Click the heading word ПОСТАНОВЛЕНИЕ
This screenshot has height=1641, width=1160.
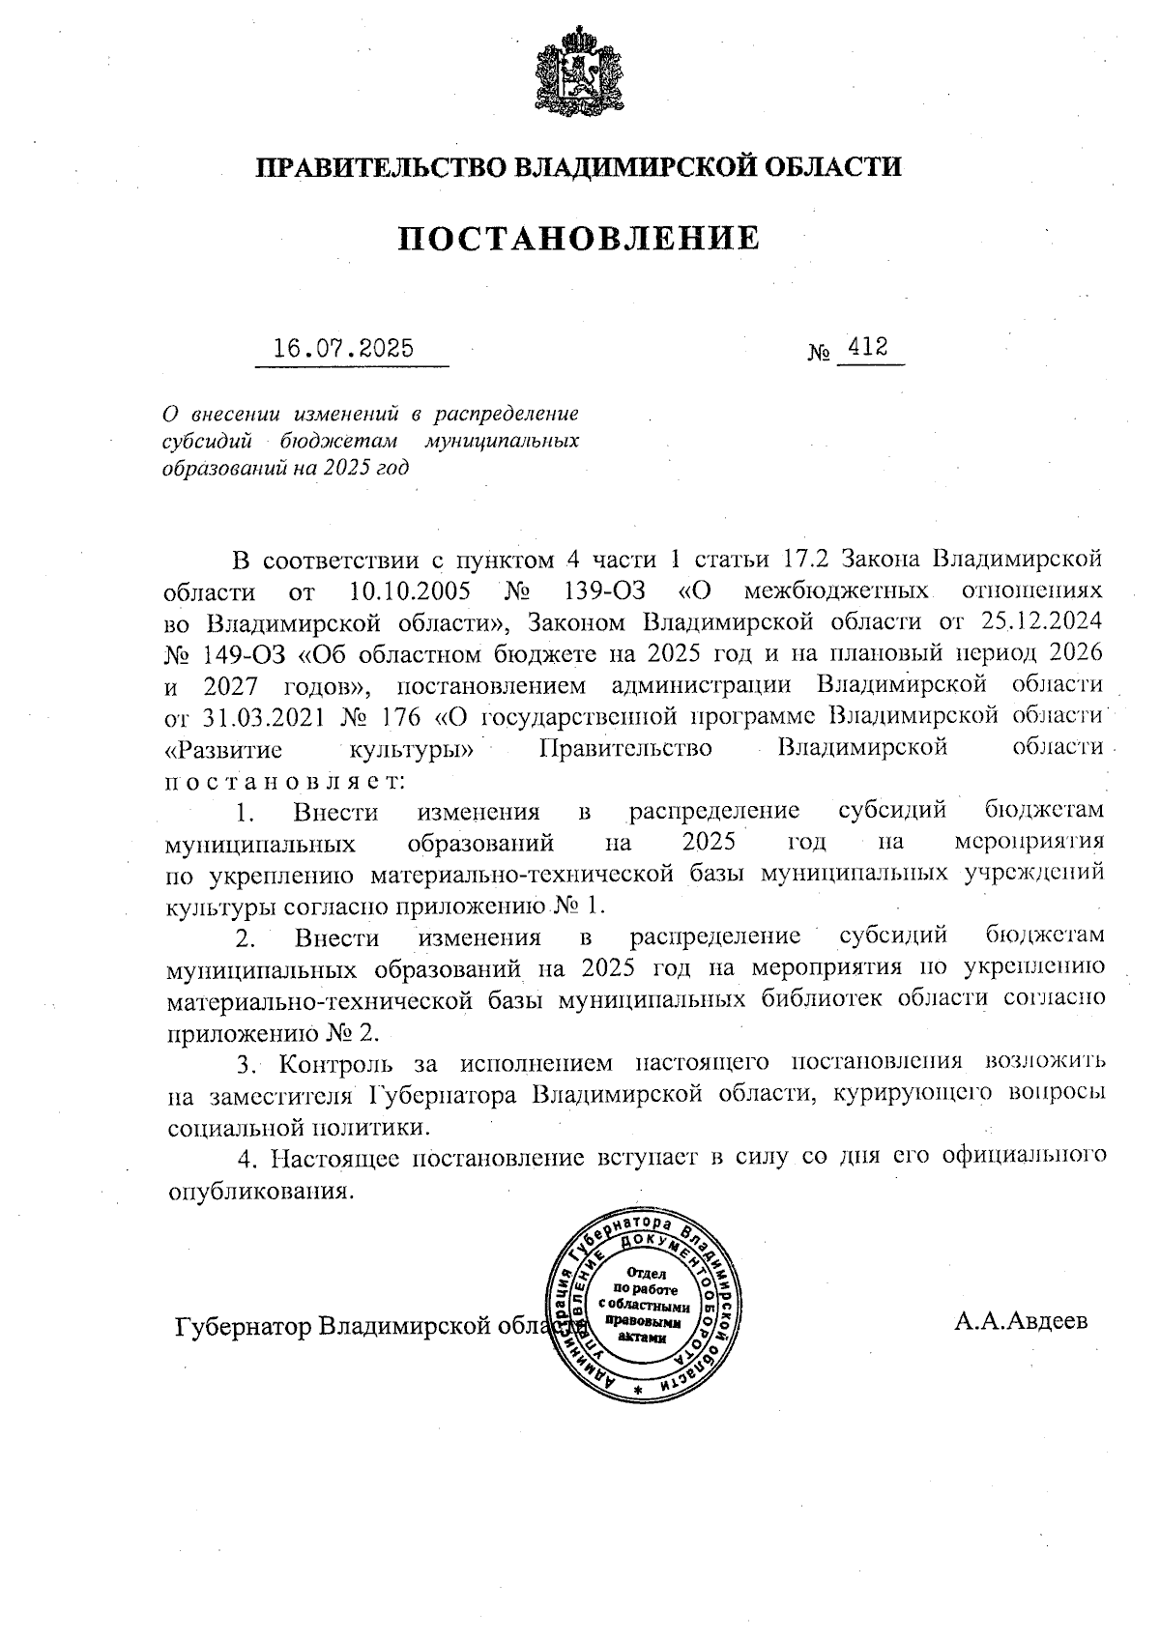tap(579, 238)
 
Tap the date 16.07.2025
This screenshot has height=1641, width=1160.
tap(343, 348)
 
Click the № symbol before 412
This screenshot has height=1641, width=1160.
tap(819, 354)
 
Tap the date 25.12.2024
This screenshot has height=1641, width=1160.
tap(1043, 620)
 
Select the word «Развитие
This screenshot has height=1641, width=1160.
tap(223, 748)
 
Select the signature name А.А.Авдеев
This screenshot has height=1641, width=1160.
tap(1021, 1320)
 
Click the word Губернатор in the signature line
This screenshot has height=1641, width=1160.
tap(244, 1325)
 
